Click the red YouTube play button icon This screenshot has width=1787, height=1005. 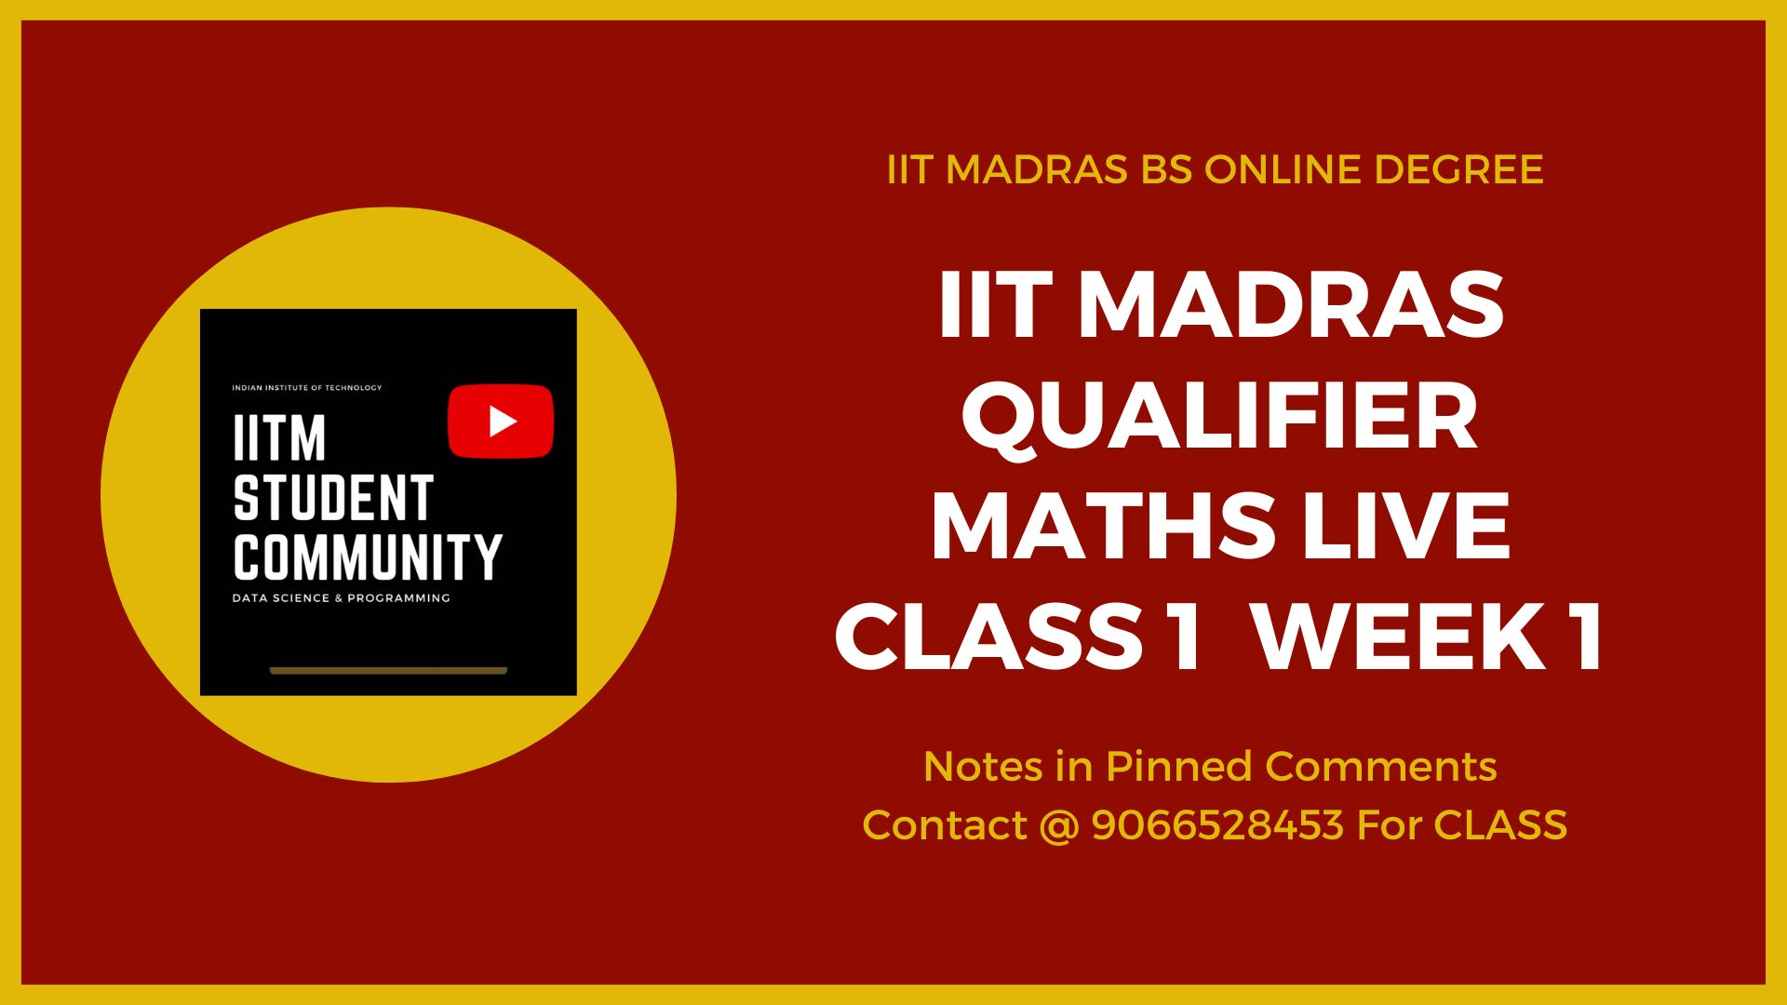(501, 422)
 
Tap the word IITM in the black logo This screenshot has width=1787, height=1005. (279, 438)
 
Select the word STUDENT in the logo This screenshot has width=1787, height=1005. (333, 498)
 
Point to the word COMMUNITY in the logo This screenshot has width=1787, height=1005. (368, 556)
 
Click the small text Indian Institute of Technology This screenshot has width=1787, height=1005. (307, 388)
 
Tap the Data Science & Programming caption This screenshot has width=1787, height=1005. (342, 598)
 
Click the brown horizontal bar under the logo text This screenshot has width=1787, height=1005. (388, 670)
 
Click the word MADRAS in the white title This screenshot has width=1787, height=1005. (1290, 304)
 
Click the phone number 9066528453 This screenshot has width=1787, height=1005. (1217, 824)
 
